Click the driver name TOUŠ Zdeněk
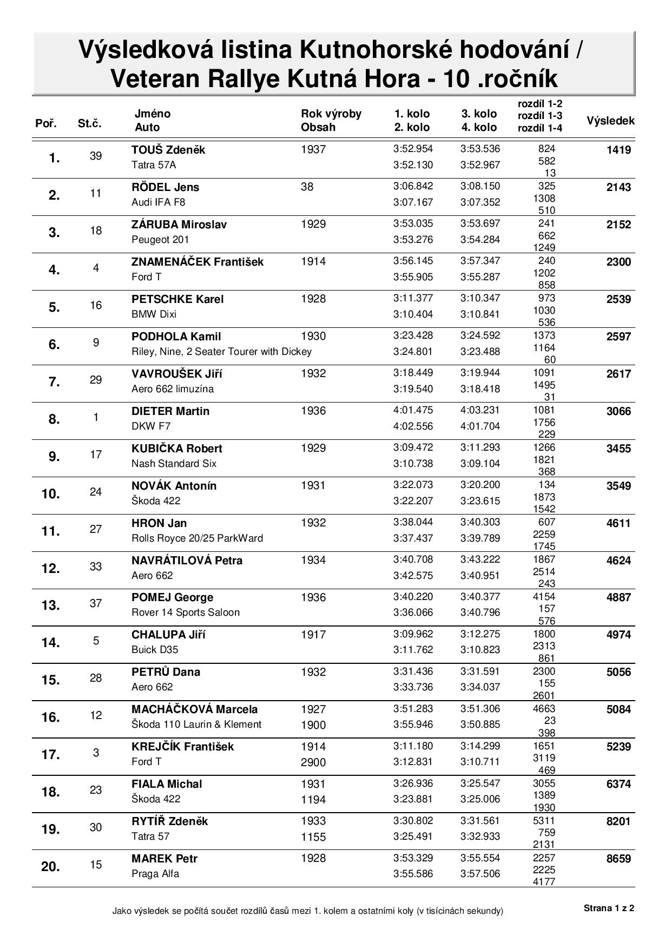pos(168,150)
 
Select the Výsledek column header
pos(610,121)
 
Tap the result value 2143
pos(619,187)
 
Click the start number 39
pos(96,156)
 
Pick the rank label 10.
pos(51,494)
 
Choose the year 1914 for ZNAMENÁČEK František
pos(313,262)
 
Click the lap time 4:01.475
pos(413,411)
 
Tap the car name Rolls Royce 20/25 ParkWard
pos(197,538)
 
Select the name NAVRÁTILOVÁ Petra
pos(187,561)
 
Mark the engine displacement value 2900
pos(313,762)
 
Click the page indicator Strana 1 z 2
pos(609,908)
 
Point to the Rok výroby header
pos(331,114)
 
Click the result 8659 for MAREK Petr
pos(619,859)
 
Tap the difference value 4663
pos(544,709)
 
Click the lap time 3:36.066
pos(413,612)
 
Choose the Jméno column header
pos(152,114)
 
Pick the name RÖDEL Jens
pos(165,187)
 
